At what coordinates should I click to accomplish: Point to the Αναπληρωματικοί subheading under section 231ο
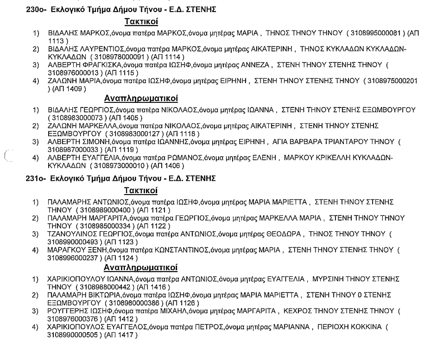click(141, 268)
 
